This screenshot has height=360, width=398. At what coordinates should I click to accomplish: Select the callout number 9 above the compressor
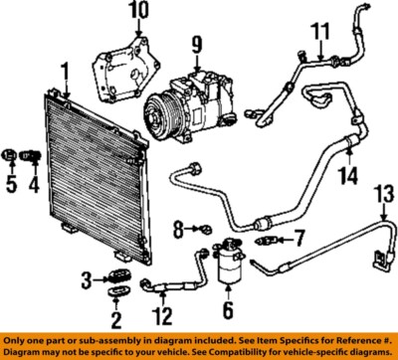click(197, 44)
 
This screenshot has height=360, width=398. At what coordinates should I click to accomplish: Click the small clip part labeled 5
click(11, 155)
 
